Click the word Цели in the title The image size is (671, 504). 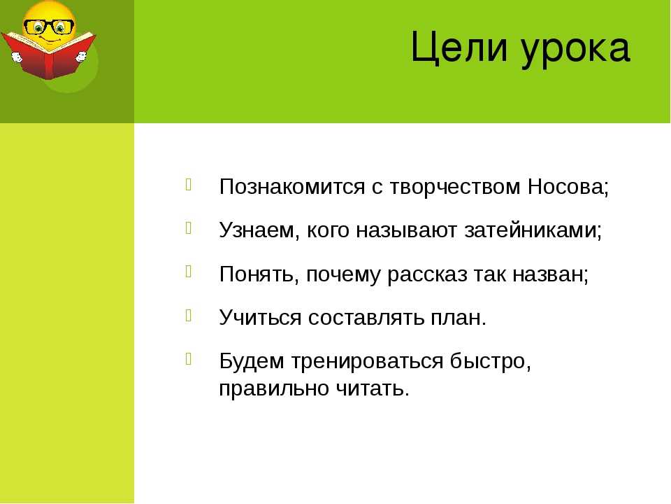click(x=459, y=48)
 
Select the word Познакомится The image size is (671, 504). click(x=292, y=187)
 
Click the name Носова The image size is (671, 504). click(x=568, y=187)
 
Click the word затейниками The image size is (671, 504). click(x=533, y=230)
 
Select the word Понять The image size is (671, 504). click(x=259, y=274)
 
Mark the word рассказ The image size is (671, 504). click(x=427, y=274)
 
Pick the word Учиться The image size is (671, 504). click(x=260, y=317)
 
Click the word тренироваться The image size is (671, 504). click(x=368, y=361)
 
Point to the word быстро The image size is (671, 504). click(x=491, y=361)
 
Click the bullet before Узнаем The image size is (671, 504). click(x=189, y=228)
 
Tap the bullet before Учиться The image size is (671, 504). click(x=189, y=316)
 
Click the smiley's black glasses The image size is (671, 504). click(x=49, y=27)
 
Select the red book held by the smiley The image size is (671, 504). click(x=48, y=56)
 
